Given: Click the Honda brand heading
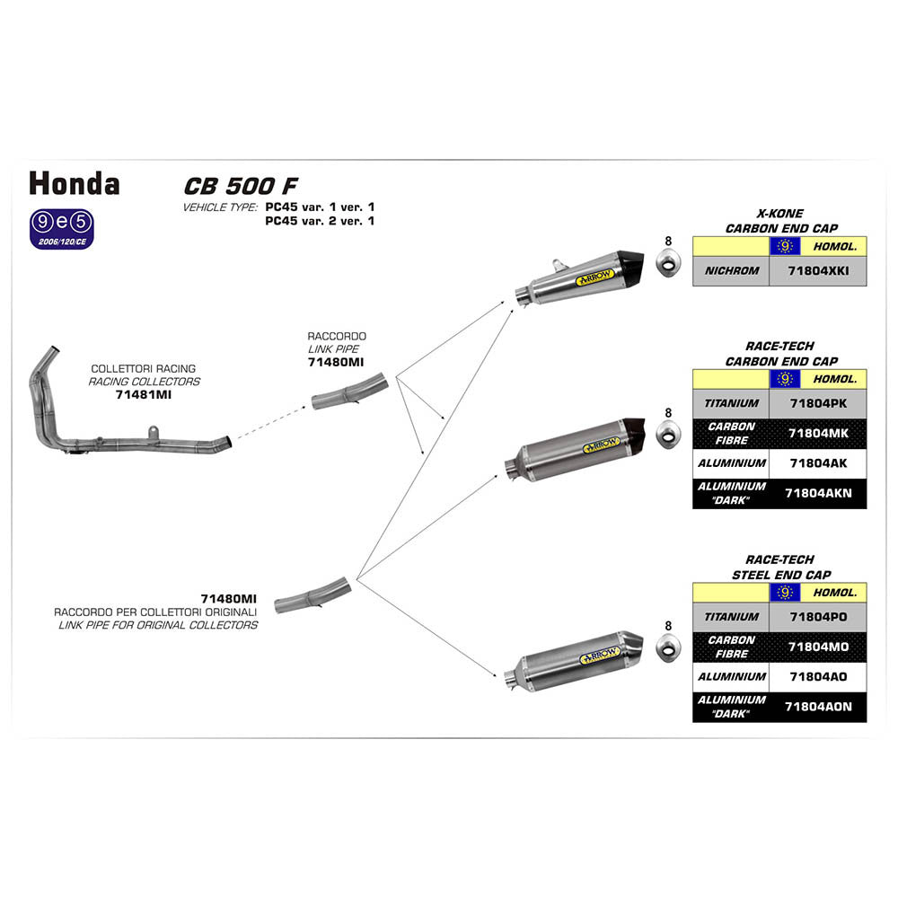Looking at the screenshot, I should pyautogui.click(x=74, y=183).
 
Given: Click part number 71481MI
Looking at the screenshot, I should pyautogui.click(x=143, y=394).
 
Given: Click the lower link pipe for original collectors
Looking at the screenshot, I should pyautogui.click(x=311, y=594).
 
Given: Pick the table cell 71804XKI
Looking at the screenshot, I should pyautogui.click(x=817, y=270).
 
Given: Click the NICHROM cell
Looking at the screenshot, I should pyautogui.click(x=732, y=270).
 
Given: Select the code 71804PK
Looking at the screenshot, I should pyautogui.click(x=817, y=404).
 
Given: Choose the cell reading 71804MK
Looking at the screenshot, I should pyautogui.click(x=817, y=434).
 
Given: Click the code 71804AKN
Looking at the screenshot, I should pyautogui.click(x=817, y=493).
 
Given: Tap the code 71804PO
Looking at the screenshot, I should pyautogui.click(x=817, y=618).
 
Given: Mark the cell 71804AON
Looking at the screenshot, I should pyautogui.click(x=817, y=707).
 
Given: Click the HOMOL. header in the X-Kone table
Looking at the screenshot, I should pyautogui.click(x=833, y=245).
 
